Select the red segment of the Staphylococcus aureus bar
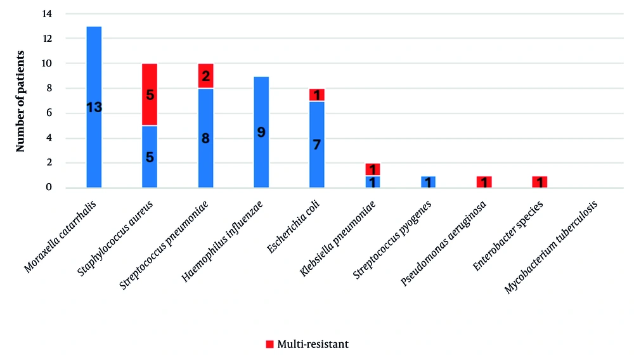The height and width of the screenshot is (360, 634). tap(150, 82)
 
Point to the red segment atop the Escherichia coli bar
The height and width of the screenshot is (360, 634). tap(317, 95)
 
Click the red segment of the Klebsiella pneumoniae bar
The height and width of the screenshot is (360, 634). tap(373, 169)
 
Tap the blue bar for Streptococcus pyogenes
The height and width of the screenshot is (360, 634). tap(429, 182)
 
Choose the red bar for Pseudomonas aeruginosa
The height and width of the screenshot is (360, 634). tap(484, 182)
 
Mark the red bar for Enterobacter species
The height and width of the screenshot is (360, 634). tap(540, 182)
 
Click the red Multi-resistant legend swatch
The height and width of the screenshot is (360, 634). tap(270, 344)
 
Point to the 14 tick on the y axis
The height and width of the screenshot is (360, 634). tap(48, 14)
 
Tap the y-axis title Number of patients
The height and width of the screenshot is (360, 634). tap(20, 101)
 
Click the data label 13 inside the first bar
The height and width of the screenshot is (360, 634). tap(94, 108)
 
